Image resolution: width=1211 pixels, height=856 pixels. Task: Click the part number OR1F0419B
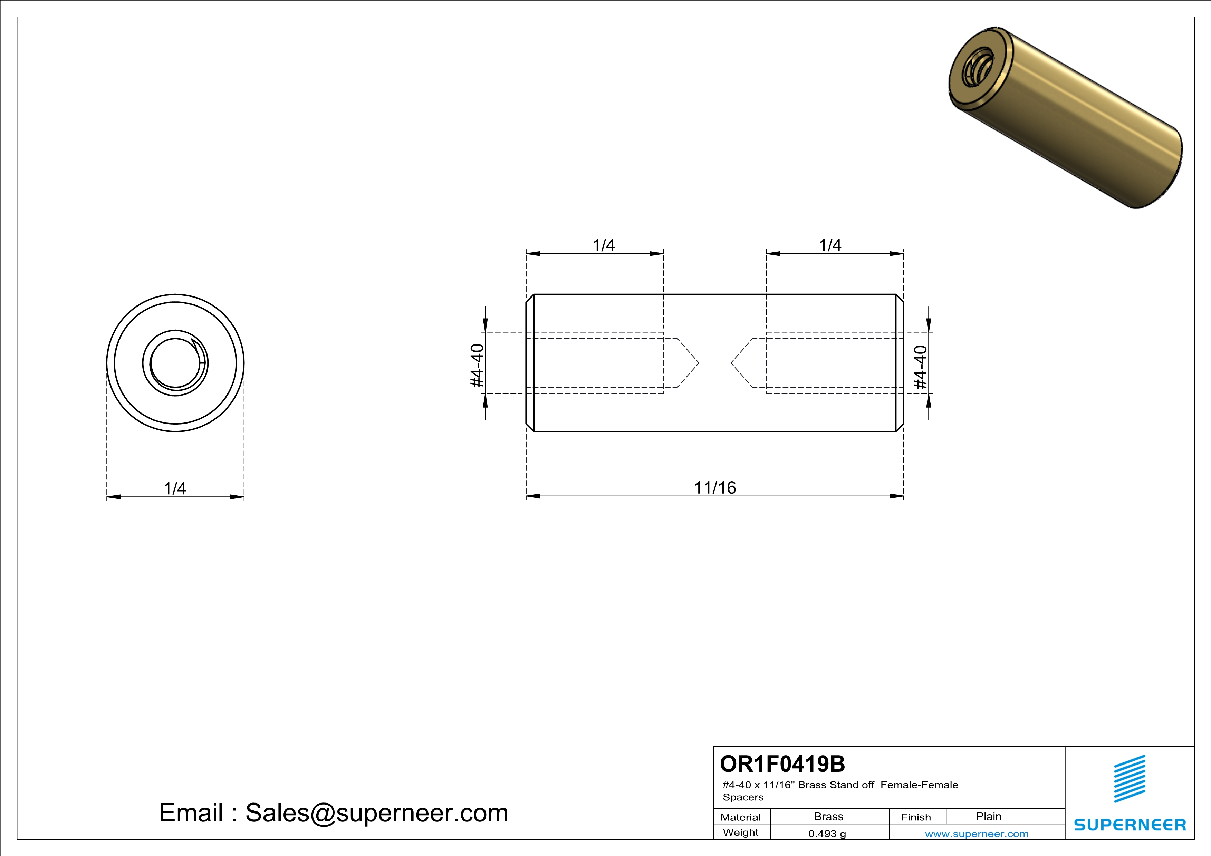click(x=782, y=764)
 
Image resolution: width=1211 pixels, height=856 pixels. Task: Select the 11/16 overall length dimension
click(x=715, y=488)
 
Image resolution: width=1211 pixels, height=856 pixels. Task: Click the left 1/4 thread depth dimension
click(x=603, y=245)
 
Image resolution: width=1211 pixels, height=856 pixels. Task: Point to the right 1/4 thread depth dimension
click(x=830, y=245)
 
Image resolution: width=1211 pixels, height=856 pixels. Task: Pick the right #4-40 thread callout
click(x=920, y=367)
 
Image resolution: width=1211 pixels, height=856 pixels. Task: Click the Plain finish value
click(x=988, y=816)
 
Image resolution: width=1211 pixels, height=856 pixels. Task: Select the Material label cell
click(x=741, y=817)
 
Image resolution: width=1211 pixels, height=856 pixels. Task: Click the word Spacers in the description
click(x=743, y=797)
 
